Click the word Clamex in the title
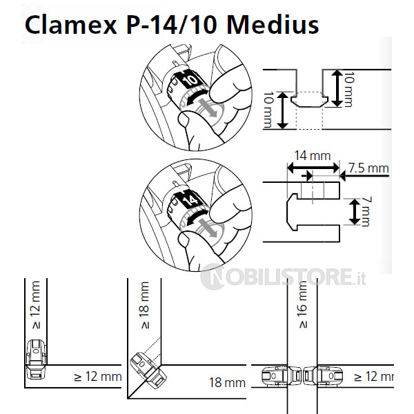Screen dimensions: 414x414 71,25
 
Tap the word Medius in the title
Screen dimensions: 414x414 273,25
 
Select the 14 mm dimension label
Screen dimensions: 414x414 313,155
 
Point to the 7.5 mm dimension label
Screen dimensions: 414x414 368,168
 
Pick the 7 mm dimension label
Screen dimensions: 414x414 366,212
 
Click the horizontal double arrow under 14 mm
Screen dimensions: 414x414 313,168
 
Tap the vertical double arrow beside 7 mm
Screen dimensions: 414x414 355,212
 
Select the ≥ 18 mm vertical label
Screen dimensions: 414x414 145,305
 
